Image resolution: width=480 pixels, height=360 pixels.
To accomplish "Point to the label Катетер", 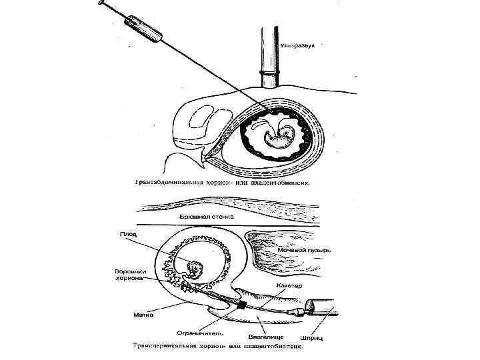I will click(x=290, y=286).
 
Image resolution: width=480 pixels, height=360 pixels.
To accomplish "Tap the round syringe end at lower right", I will click(x=310, y=308).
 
